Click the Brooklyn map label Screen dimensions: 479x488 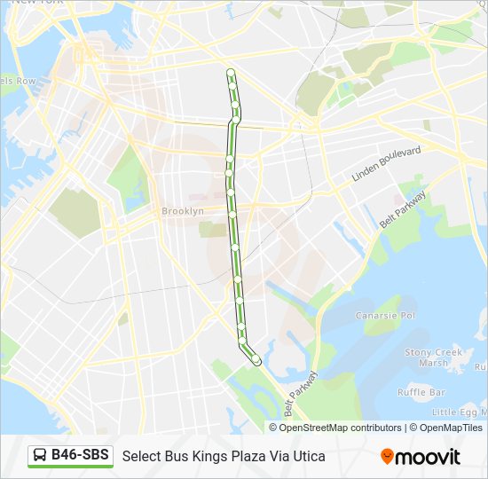click(x=183, y=211)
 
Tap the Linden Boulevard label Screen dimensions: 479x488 click(x=386, y=164)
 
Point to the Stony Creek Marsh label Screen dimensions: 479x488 click(x=433, y=357)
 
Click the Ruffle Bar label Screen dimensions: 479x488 click(x=421, y=392)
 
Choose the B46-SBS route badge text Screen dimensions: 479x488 click(x=80, y=456)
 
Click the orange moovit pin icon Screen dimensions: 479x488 click(x=387, y=457)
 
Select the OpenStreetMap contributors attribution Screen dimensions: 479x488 click(x=341, y=428)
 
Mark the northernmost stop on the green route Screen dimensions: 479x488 click(x=231, y=72)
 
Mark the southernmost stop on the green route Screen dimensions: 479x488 click(x=256, y=360)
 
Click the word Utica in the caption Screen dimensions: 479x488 click(x=308, y=457)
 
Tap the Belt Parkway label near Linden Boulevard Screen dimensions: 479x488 click(x=404, y=209)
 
